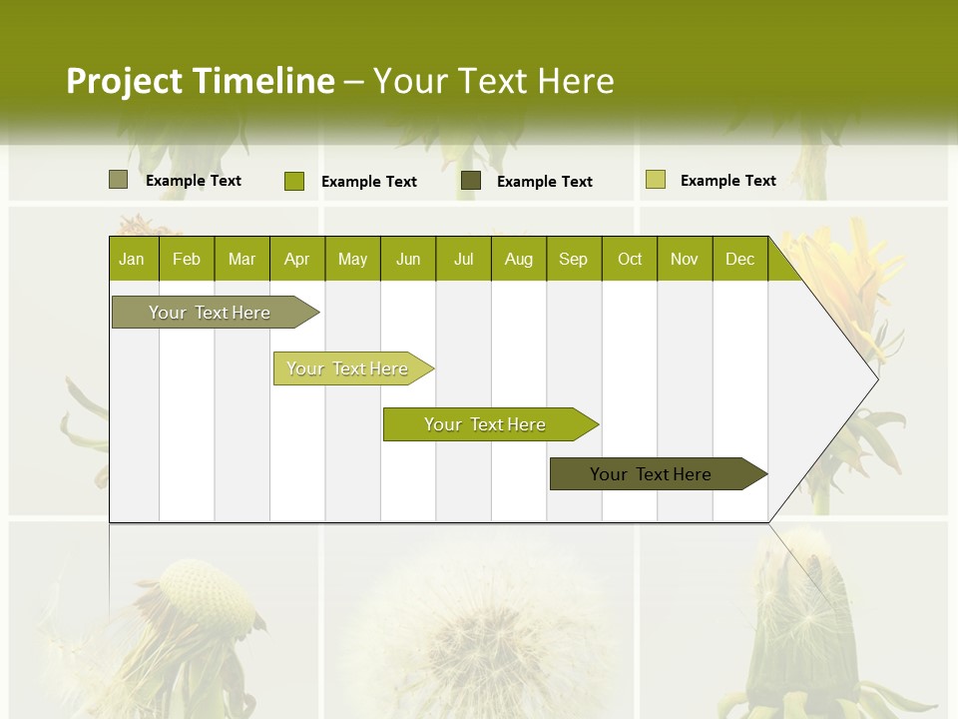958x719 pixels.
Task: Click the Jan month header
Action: tap(132, 259)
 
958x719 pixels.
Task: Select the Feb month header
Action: tap(187, 259)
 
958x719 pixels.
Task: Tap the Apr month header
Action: tap(296, 259)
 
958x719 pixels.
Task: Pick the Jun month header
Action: tap(408, 259)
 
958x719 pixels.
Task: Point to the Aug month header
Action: tap(518, 259)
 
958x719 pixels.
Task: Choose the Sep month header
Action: tap(573, 259)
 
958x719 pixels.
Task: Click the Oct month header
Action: tap(630, 259)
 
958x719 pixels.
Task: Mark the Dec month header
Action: tap(739, 259)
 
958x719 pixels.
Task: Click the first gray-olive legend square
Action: tap(118, 180)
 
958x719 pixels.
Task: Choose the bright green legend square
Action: tap(293, 181)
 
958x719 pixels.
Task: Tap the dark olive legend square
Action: tap(471, 181)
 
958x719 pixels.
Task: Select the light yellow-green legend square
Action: tap(655, 180)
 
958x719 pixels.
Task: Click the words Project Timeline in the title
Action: tap(200, 81)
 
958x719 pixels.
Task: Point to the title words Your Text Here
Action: tap(493, 81)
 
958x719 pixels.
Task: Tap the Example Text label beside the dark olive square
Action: tap(544, 182)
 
